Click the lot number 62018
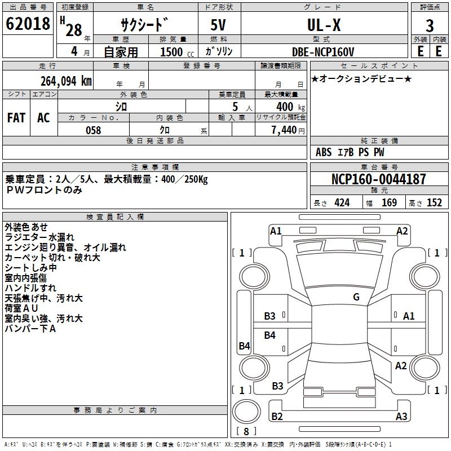pyautogui.click(x=28, y=24)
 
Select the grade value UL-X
pyautogui.click(x=324, y=25)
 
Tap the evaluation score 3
pyautogui.click(x=430, y=26)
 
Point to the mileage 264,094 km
pyautogui.click(x=66, y=81)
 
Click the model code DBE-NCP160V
pyautogui.click(x=322, y=52)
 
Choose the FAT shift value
pyautogui.click(x=16, y=118)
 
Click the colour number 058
pyautogui.click(x=94, y=130)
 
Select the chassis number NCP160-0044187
pyautogui.click(x=378, y=179)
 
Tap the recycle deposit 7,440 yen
pyautogui.click(x=288, y=130)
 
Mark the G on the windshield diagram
pyautogui.click(x=356, y=297)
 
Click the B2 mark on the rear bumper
pyautogui.click(x=277, y=416)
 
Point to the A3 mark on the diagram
pyautogui.click(x=401, y=416)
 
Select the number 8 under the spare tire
pyautogui.click(x=246, y=431)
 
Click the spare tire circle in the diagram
pyautogui.click(x=246, y=412)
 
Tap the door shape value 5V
pyautogui.click(x=218, y=25)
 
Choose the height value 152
pyautogui.click(x=434, y=203)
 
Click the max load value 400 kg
pyautogui.click(x=290, y=107)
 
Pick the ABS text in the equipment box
pyautogui.click(x=324, y=152)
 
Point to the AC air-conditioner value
pyautogui.click(x=44, y=118)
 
